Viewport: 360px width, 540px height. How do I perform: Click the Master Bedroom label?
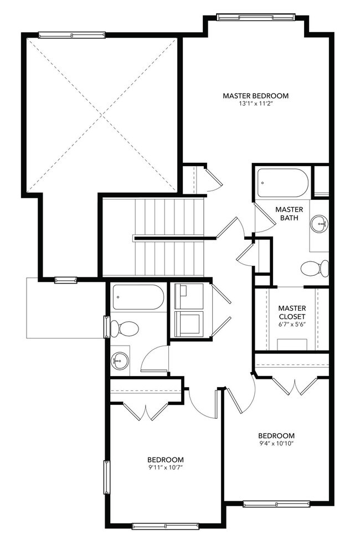pos(255,96)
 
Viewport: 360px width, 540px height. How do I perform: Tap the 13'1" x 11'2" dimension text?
pos(255,104)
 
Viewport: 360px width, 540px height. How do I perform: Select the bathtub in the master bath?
pos(282,183)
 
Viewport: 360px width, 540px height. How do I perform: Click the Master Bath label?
pos(289,213)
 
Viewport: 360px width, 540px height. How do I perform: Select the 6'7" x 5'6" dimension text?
pos(292,324)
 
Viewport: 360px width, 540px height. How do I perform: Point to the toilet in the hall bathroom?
pos(124,328)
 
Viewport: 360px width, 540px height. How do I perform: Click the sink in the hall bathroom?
pos(120,362)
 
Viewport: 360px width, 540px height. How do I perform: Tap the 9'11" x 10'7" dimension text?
pos(165,467)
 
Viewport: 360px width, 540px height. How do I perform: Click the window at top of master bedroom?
pos(256,17)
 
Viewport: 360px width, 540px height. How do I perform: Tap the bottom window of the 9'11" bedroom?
pos(165,526)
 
